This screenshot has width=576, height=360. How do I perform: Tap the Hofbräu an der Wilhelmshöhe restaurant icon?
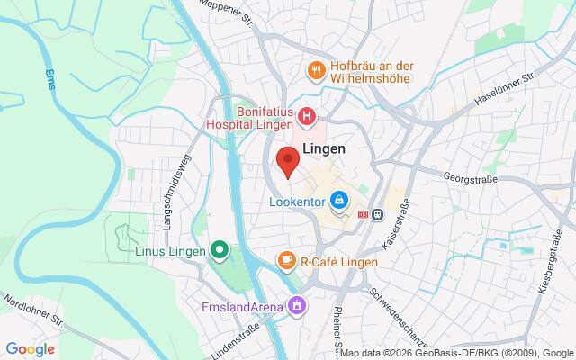[316, 68]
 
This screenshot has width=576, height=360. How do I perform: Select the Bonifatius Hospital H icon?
[307, 115]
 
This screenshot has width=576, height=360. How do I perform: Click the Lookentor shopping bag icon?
[338, 200]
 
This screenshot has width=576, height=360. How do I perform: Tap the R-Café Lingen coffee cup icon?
[286, 261]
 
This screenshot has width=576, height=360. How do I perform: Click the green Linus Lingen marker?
[218, 249]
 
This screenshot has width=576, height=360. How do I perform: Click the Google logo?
[30, 349]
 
